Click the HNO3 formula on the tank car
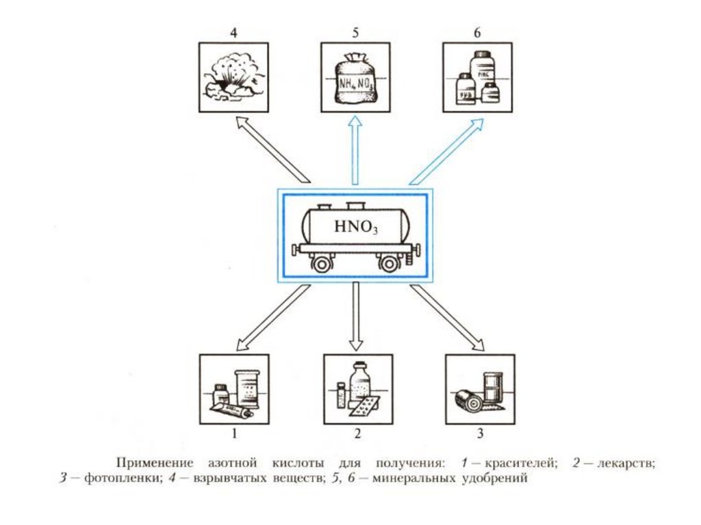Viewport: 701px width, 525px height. (355, 228)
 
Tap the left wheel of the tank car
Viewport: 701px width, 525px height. (320, 262)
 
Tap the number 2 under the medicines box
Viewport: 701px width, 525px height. (357, 433)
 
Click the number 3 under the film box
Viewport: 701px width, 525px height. (480, 433)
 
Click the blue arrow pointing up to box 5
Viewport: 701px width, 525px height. (355, 150)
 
